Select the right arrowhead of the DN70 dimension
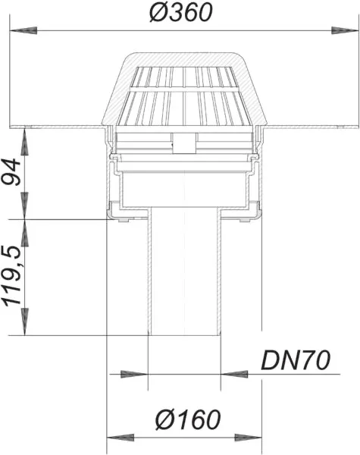pos(232,374)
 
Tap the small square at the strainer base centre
pos(183,140)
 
